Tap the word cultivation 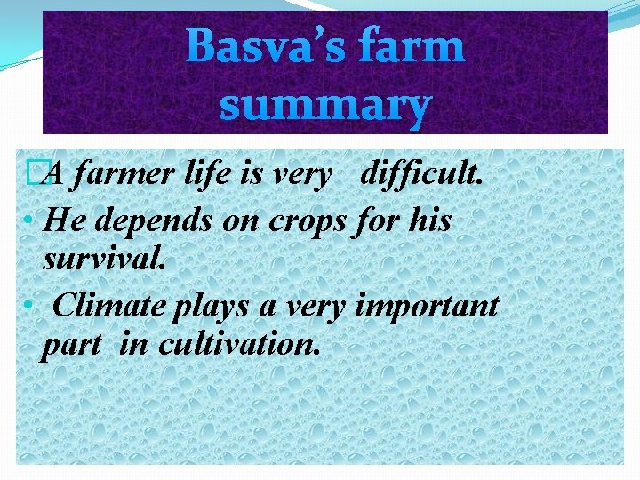[x=238, y=345]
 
